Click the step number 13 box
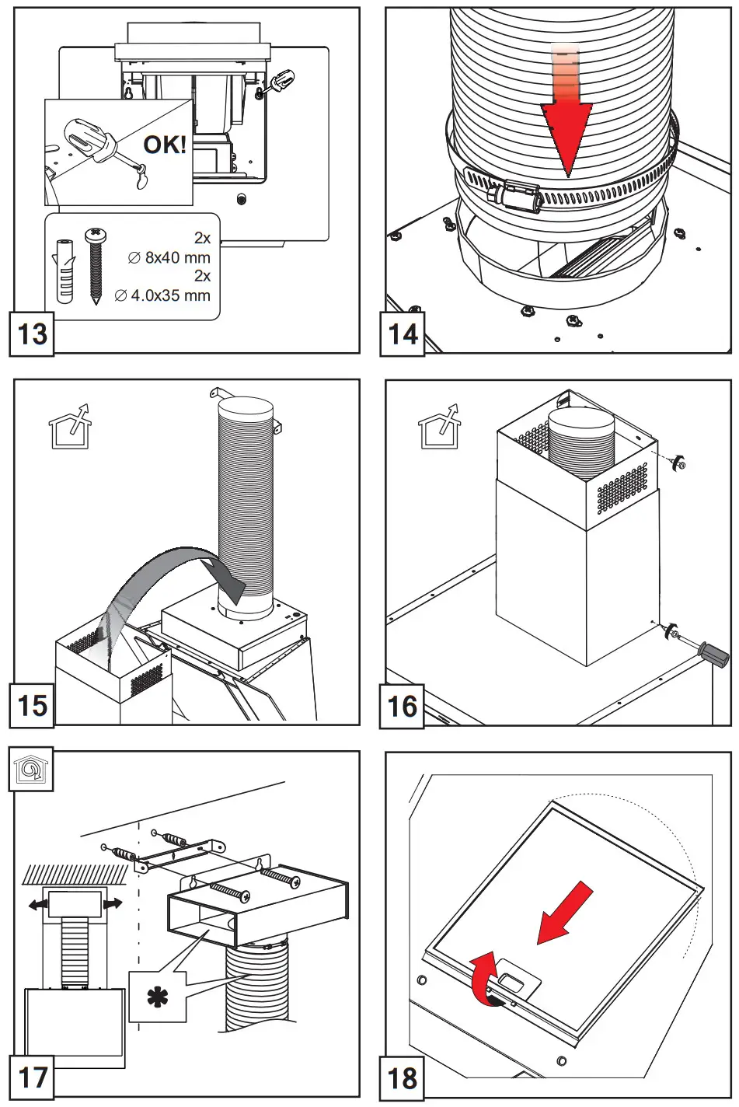tap(32, 334)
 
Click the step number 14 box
tap(403, 334)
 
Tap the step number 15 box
tap(32, 706)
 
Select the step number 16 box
tap(403, 706)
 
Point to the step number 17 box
tap(32, 1077)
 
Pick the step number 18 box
tap(403, 1077)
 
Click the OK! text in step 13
tap(165, 145)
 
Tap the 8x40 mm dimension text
tap(177, 257)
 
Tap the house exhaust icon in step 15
tap(69, 427)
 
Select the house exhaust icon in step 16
tap(439, 427)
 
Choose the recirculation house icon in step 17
tap(31, 770)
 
